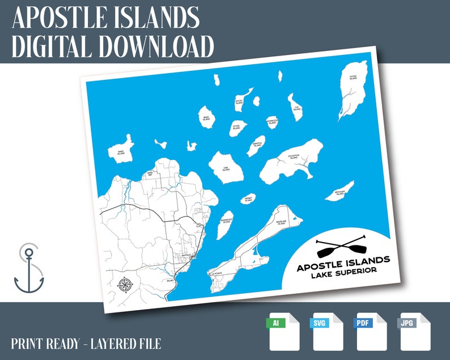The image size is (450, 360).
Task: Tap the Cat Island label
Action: tap(295, 104)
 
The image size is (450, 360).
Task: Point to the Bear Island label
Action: tap(206, 118)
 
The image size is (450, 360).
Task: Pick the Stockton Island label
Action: tap(293, 157)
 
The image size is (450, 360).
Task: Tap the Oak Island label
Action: tap(225, 168)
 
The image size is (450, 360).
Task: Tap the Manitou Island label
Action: tap(257, 145)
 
